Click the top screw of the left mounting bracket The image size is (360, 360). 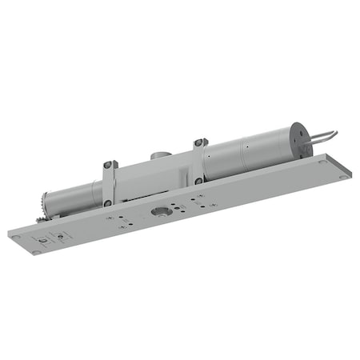click(x=110, y=165)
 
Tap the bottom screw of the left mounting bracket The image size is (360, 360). click(x=107, y=203)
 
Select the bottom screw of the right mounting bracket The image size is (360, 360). click(x=198, y=182)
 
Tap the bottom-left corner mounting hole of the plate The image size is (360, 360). click(x=36, y=253)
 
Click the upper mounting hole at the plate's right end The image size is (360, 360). click(x=322, y=162)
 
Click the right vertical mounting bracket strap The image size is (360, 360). click(x=198, y=162)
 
